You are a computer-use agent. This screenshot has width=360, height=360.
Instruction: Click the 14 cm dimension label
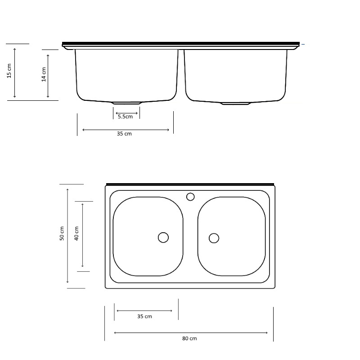[44, 74]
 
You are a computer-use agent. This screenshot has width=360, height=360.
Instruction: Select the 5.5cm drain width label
[126, 117]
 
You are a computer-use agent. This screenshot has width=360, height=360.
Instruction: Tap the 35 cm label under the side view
[124, 134]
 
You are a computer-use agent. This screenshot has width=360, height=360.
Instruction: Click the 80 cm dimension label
[189, 338]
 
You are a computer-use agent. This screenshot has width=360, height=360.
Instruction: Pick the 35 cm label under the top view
[144, 316]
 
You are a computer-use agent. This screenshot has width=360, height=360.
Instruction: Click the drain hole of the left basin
[163, 237]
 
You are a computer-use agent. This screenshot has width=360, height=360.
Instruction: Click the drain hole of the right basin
[214, 238]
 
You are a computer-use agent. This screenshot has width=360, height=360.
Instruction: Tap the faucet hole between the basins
[190, 197]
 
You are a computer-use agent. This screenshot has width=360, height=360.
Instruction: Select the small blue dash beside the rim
[303, 45]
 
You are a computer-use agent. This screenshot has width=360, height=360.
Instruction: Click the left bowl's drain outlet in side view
[126, 103]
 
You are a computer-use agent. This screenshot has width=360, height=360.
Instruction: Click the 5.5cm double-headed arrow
[126, 113]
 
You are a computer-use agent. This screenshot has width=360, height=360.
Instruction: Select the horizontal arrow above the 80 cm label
[191, 333]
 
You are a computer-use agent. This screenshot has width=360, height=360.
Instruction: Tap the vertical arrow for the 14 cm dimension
[48, 74]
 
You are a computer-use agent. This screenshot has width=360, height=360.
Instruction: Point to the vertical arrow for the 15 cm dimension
[15, 72]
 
